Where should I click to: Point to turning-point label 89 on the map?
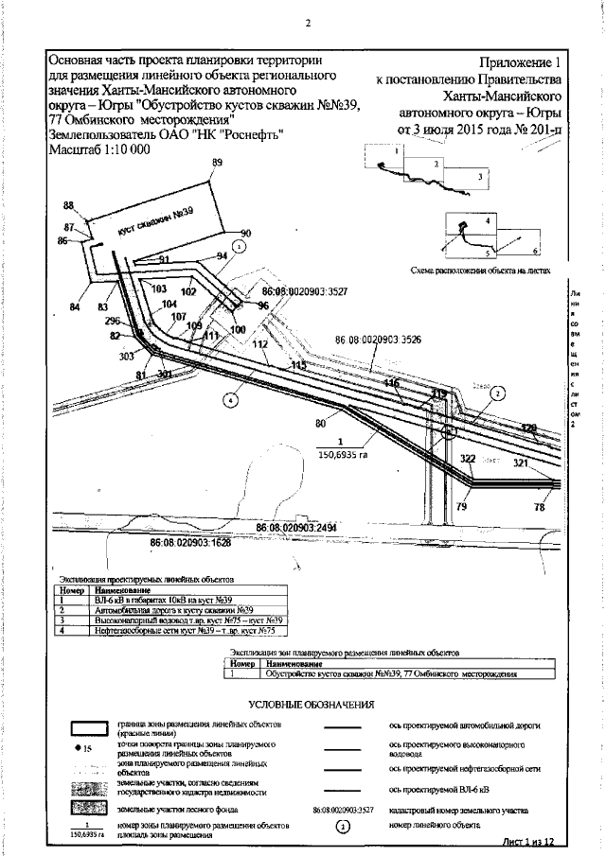217,164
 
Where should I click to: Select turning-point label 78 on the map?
540,508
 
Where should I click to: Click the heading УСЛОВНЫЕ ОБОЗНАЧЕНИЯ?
312,705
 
